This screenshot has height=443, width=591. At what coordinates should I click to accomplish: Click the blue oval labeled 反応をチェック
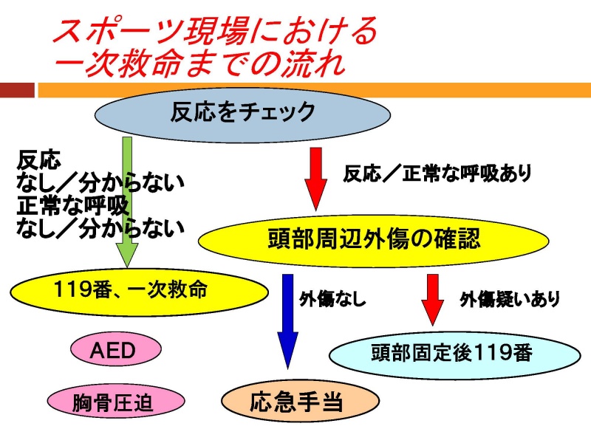(242, 113)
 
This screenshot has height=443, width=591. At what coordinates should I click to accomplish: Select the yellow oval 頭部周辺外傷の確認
(374, 241)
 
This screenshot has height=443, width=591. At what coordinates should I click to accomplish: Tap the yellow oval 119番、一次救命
(139, 291)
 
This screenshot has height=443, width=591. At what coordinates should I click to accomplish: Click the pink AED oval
(116, 349)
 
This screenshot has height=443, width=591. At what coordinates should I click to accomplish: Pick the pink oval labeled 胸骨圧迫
(116, 401)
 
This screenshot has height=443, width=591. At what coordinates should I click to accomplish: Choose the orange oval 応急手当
(300, 401)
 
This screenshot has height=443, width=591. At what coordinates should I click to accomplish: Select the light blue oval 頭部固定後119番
(454, 354)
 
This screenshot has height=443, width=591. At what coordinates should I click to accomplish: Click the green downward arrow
(127, 202)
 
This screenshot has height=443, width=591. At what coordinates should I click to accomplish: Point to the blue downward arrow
(287, 321)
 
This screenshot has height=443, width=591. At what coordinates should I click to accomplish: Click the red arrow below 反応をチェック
(315, 179)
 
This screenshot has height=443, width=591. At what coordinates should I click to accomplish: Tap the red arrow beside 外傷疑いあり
(432, 300)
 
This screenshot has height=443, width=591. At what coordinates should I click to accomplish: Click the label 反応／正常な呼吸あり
(437, 174)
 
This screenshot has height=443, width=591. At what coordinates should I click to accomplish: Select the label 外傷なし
(332, 300)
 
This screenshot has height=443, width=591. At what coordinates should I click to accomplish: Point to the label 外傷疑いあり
(509, 300)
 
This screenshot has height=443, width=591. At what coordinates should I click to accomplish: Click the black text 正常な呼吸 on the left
(72, 206)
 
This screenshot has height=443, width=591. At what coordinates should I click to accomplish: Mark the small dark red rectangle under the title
(17, 90)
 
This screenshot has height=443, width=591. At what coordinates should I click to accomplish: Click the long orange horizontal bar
(315, 90)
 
